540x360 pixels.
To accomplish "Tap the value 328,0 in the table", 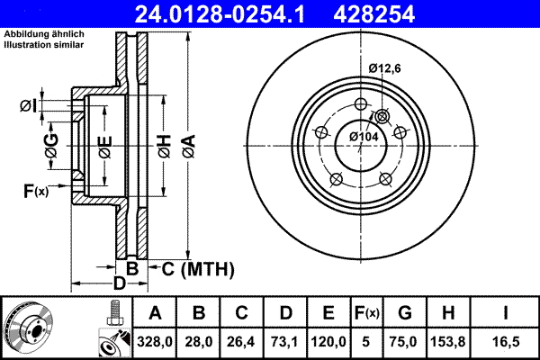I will click(156, 340).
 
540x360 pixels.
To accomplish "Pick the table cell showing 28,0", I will click(200, 340).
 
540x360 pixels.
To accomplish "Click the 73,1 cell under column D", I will click(286, 340).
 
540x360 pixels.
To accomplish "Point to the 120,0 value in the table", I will click(329, 340).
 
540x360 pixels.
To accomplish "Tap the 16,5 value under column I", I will click(509, 340).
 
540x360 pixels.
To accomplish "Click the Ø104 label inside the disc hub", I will click(364, 135).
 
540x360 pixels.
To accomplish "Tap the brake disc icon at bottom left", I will click(31, 326).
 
